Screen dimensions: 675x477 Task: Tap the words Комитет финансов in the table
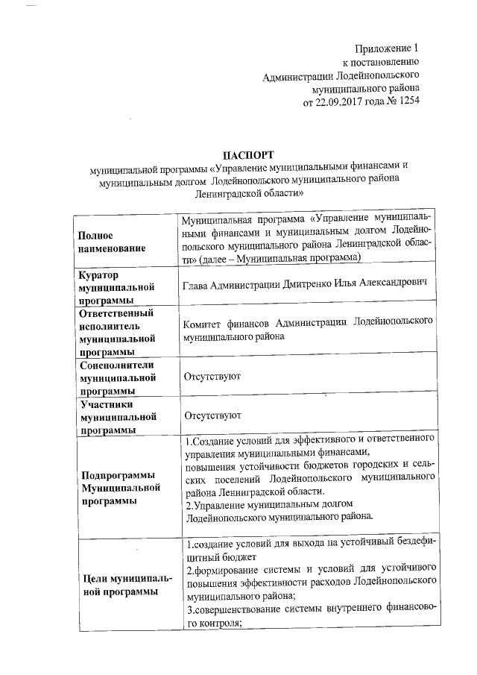click(227, 323)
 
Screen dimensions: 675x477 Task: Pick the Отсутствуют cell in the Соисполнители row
click(211, 378)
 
